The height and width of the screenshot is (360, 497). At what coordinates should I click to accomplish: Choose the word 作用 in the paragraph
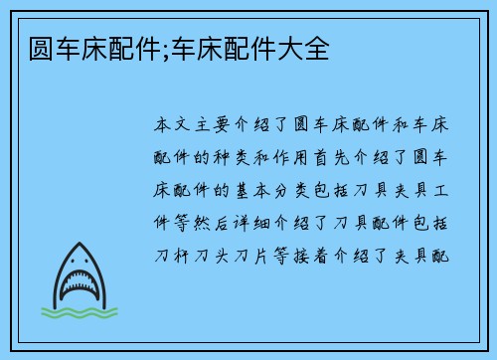pyautogui.click(x=306, y=158)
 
